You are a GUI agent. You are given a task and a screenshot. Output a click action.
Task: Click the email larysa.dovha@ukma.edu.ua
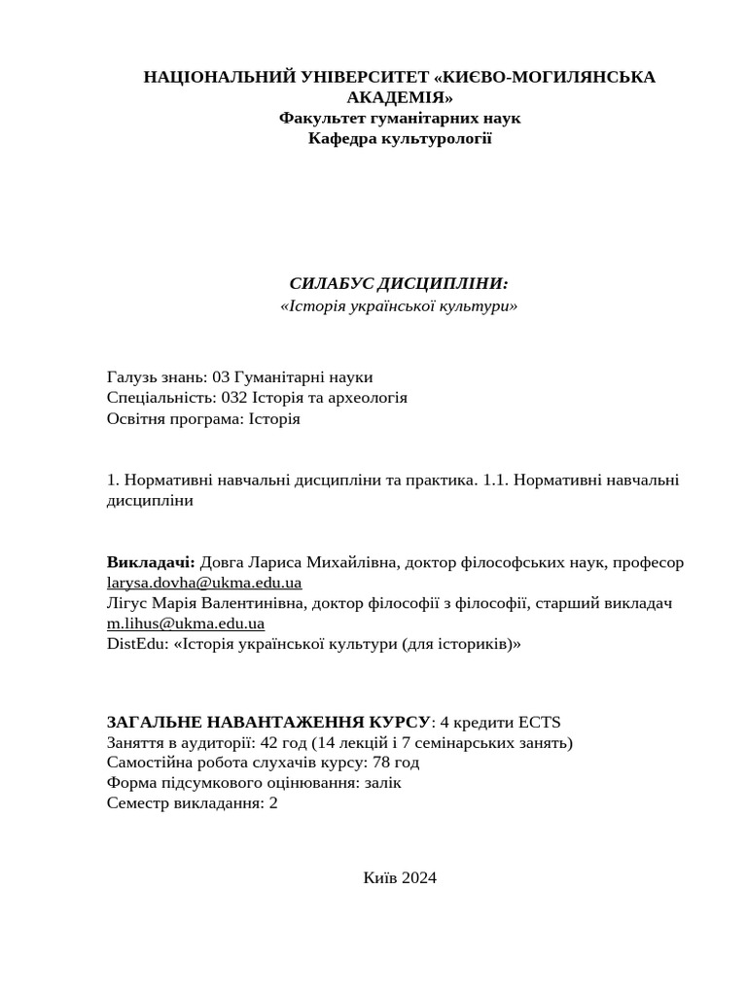204,583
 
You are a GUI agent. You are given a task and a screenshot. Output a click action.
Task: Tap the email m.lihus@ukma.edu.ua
186,623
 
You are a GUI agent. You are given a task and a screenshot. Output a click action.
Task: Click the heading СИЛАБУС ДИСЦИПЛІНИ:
399,283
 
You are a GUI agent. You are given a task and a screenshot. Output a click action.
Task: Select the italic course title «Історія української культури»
399,305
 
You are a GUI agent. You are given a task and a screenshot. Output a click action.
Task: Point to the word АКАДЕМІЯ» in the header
400,97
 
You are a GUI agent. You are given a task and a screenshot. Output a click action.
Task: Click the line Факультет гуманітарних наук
400,118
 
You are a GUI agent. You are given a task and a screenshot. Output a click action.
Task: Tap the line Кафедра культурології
400,138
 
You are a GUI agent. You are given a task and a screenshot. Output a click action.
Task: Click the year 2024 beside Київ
418,877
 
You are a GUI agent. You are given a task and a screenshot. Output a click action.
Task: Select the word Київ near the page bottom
379,877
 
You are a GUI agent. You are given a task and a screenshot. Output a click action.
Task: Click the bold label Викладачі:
151,562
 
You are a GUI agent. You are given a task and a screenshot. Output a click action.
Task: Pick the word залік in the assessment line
379,782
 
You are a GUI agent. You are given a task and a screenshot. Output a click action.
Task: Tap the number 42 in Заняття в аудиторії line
267,743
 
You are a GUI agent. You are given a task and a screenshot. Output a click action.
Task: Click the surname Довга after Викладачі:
222,562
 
